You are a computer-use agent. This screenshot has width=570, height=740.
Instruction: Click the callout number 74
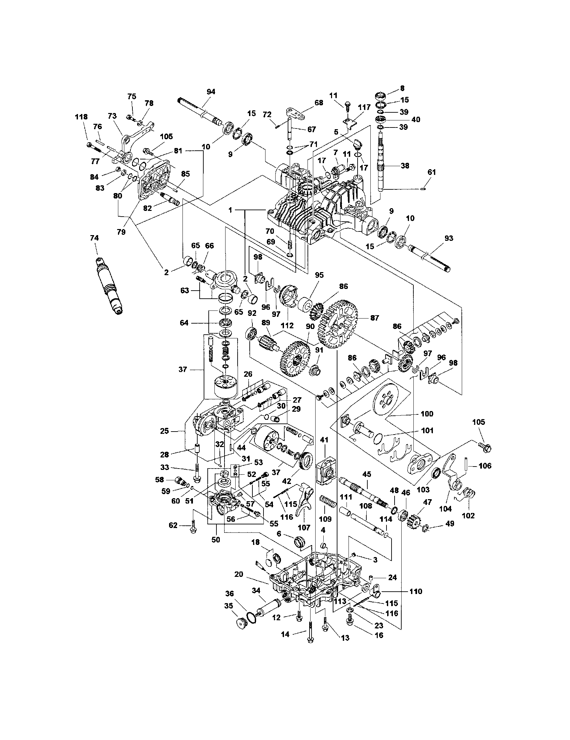[94, 238]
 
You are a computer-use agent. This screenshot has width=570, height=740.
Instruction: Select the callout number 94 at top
[211, 91]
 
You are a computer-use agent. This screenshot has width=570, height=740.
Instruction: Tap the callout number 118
[81, 117]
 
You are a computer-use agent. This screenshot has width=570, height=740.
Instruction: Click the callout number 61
[432, 172]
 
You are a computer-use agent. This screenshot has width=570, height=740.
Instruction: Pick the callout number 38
[405, 166]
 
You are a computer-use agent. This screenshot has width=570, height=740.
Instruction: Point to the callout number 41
[324, 450]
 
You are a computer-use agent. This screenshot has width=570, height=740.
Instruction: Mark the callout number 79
[121, 232]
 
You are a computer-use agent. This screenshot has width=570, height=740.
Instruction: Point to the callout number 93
[448, 238]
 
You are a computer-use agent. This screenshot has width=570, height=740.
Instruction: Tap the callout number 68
[319, 103]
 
